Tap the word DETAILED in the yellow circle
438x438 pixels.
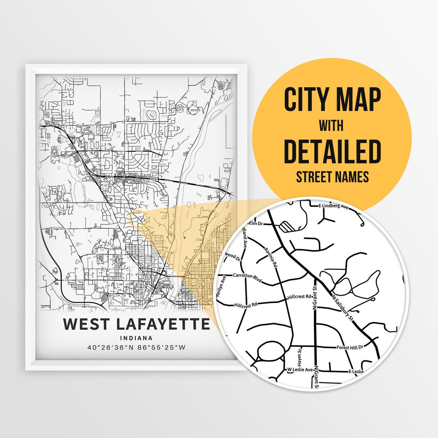332,151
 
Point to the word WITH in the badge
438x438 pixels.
331,126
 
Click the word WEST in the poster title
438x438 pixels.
87,324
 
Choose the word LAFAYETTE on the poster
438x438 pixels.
163,324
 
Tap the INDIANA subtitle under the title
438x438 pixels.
136,338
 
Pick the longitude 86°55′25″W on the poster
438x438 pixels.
162,347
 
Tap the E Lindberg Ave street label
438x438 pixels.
333,206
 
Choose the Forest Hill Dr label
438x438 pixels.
351,348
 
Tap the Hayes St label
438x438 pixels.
300,355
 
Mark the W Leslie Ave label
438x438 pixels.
300,369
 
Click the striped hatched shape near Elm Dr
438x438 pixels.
289,226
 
